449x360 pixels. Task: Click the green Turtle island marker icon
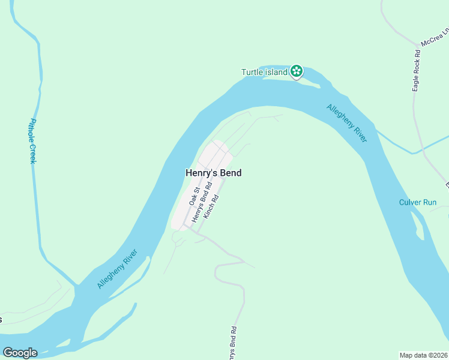(296, 71)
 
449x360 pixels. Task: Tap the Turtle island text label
(265, 73)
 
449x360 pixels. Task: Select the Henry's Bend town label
(213, 173)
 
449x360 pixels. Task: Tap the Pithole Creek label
(32, 141)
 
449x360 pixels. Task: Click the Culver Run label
(418, 202)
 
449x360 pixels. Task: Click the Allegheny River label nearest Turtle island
(347, 123)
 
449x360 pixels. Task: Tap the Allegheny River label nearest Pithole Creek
(117, 269)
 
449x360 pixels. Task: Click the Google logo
(20, 353)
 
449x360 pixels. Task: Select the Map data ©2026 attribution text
(424, 355)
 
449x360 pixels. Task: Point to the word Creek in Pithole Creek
(33, 154)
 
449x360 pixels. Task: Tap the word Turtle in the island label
(253, 73)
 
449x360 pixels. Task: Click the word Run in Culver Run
(429, 202)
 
